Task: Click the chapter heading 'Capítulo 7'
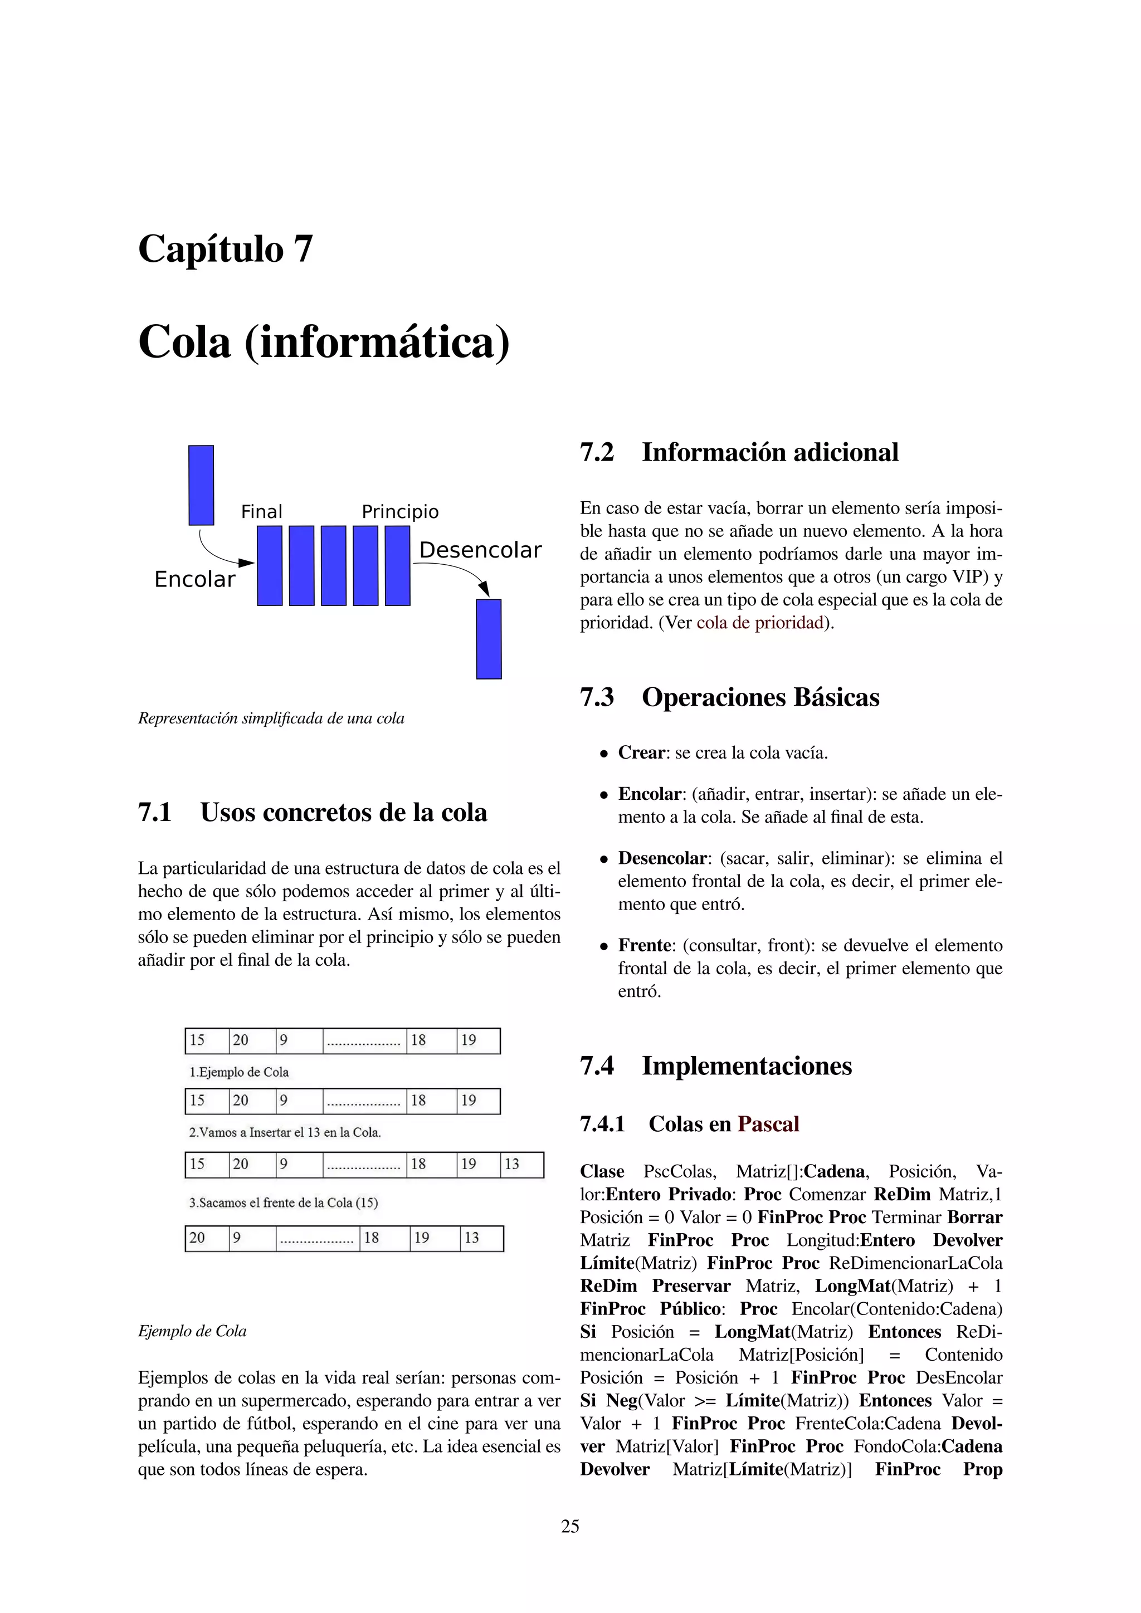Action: [x=225, y=249]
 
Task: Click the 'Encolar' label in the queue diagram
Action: [x=194, y=580]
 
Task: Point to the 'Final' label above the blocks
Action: [x=261, y=511]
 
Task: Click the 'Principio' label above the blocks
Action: [x=400, y=511]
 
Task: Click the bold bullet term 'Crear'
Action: [x=641, y=753]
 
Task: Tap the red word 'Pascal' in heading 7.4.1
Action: [x=768, y=1124]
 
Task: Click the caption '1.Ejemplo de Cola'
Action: [x=239, y=1072]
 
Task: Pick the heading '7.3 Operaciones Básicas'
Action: [x=729, y=697]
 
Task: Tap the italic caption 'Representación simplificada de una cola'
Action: [x=271, y=718]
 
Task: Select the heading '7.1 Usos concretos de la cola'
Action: [x=313, y=813]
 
